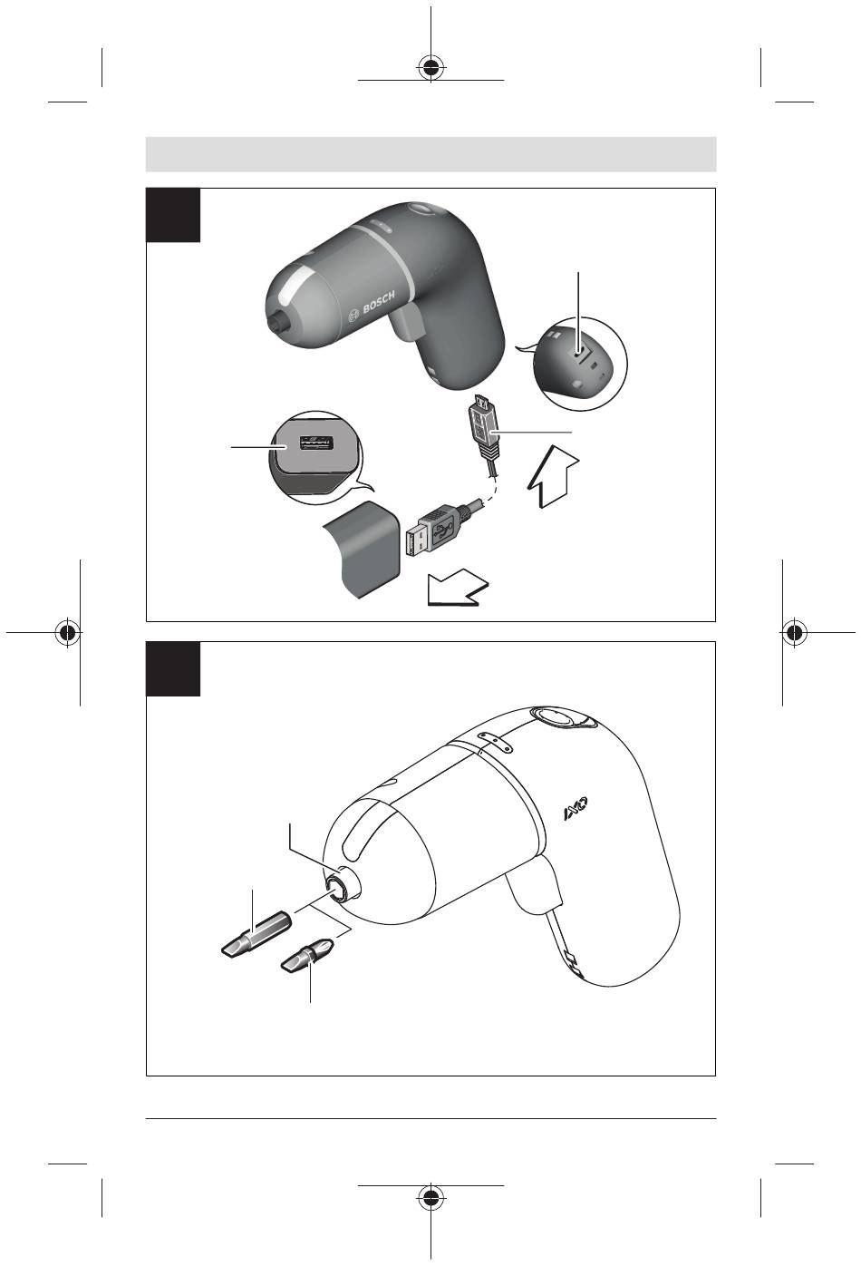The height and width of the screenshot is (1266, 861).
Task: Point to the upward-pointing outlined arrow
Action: click(x=553, y=475)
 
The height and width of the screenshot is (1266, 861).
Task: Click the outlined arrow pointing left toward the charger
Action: click(x=457, y=588)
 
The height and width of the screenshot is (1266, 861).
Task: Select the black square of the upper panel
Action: click(x=173, y=215)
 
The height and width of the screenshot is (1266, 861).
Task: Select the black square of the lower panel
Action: click(x=173, y=668)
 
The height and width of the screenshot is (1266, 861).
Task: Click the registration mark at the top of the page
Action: click(x=430, y=68)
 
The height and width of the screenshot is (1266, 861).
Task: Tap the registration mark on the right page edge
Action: click(x=794, y=632)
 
